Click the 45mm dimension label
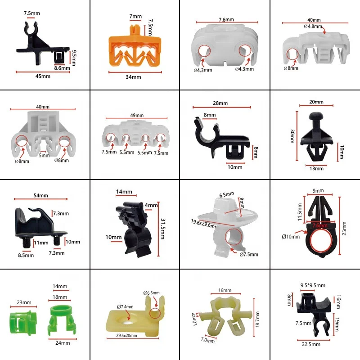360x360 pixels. [x=43, y=76]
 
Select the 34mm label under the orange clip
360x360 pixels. [x=133, y=77]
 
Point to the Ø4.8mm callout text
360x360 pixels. [x=313, y=27]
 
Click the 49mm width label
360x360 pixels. [x=137, y=115]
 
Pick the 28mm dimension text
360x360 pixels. [x=220, y=103]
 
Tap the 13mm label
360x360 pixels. [x=316, y=168]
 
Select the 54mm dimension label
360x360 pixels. [x=41, y=196]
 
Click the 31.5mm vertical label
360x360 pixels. [x=163, y=229]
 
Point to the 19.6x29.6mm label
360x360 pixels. [x=204, y=224]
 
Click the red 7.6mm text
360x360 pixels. [x=320, y=225]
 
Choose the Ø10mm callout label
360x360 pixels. [x=291, y=237]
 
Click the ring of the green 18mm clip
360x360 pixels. [x=60, y=310]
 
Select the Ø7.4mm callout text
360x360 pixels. [x=125, y=307]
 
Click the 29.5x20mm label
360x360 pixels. [x=126, y=335]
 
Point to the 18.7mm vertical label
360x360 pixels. [x=257, y=319]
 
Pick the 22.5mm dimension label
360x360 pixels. [x=311, y=344]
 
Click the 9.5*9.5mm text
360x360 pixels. [x=313, y=285]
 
